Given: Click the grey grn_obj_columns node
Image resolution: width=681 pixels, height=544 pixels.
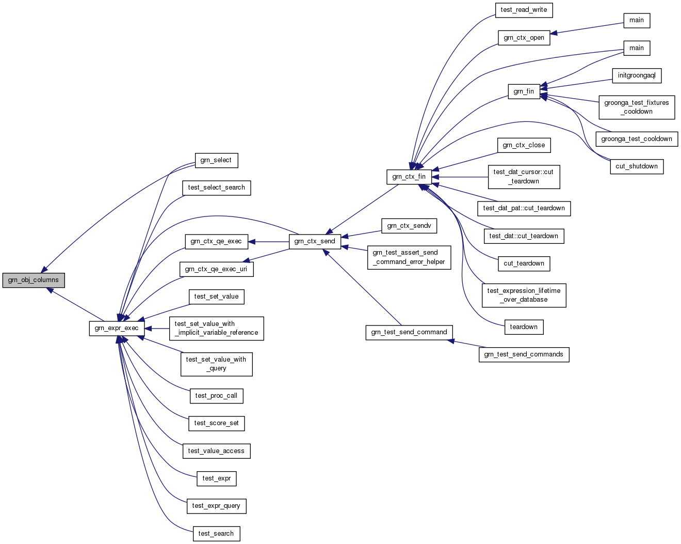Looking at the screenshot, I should click(x=34, y=280).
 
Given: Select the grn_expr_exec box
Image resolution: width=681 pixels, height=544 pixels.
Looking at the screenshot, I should click(x=117, y=328).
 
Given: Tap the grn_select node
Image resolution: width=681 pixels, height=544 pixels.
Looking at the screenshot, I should click(x=216, y=160).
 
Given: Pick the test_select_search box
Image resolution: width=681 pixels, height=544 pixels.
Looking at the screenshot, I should click(x=217, y=188).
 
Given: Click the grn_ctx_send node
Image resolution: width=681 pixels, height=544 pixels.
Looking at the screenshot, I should click(x=315, y=241).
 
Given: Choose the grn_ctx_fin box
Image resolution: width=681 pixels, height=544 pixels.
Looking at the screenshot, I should click(x=409, y=177).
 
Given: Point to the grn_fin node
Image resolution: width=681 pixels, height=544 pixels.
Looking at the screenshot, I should click(x=524, y=91).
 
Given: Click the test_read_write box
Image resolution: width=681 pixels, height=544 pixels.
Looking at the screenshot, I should click(x=524, y=10).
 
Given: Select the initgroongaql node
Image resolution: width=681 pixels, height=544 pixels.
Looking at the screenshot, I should click(x=637, y=75).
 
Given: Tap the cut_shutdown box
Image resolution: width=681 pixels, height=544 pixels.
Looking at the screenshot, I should click(x=637, y=166).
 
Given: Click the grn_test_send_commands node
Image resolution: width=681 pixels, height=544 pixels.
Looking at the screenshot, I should click(x=524, y=354).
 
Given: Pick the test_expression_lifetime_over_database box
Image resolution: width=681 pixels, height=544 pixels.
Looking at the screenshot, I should click(x=524, y=295).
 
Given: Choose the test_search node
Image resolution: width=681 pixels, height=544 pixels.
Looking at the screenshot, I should click(x=216, y=534).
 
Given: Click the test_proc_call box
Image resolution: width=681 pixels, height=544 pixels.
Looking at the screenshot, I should click(x=217, y=396).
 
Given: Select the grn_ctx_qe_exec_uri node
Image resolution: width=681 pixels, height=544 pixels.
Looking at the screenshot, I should click(x=216, y=269).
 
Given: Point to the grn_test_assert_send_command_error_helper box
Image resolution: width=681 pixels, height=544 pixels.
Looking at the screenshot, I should click(x=409, y=257).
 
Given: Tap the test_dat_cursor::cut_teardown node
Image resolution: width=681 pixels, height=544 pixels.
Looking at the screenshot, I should click(x=524, y=177).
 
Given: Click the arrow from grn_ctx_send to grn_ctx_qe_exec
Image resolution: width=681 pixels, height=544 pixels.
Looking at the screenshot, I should click(x=268, y=241).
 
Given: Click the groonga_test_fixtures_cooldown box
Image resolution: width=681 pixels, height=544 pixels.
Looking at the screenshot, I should click(x=637, y=107).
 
